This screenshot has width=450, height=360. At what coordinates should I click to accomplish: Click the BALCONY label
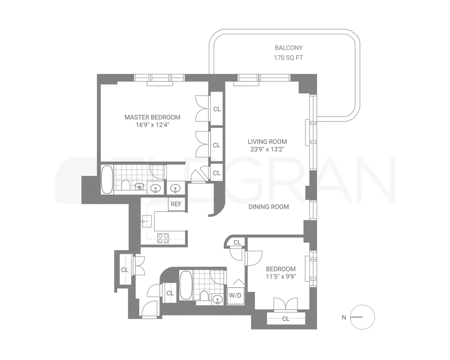click(x=288, y=48)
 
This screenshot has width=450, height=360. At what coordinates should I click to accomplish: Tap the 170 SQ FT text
click(x=288, y=58)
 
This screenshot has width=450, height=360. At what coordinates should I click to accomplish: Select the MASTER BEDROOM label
click(x=152, y=117)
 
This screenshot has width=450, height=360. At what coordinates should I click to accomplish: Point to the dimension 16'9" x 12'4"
click(x=152, y=125)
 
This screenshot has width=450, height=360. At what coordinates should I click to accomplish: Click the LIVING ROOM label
click(x=267, y=142)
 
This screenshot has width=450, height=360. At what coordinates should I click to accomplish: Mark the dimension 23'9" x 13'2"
click(x=267, y=149)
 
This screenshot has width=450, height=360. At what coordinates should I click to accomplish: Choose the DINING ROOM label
click(x=268, y=207)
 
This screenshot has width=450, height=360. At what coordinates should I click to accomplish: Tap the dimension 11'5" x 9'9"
click(x=280, y=277)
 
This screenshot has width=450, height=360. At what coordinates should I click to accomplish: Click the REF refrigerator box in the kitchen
click(x=176, y=204)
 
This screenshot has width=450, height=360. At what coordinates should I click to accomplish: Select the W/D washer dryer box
click(x=235, y=295)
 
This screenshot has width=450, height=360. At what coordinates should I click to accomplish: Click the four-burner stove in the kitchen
click(x=163, y=238)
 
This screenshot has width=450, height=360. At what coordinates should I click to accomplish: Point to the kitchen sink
click(x=146, y=221)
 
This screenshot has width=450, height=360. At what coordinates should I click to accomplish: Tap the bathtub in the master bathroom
click(x=107, y=180)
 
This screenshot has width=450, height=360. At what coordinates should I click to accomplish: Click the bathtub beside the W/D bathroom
click(x=186, y=285)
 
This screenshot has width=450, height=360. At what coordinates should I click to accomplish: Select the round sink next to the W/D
click(x=217, y=299)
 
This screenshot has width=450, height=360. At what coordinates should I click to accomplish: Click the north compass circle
click(x=362, y=317)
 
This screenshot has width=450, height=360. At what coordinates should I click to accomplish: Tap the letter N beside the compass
click(x=343, y=318)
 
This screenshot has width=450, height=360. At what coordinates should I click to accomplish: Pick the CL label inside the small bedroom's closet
click(x=286, y=319)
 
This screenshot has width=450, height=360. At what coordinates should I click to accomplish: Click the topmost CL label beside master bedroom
click(x=217, y=109)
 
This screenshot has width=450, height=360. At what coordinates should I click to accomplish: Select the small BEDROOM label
click(x=280, y=269)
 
